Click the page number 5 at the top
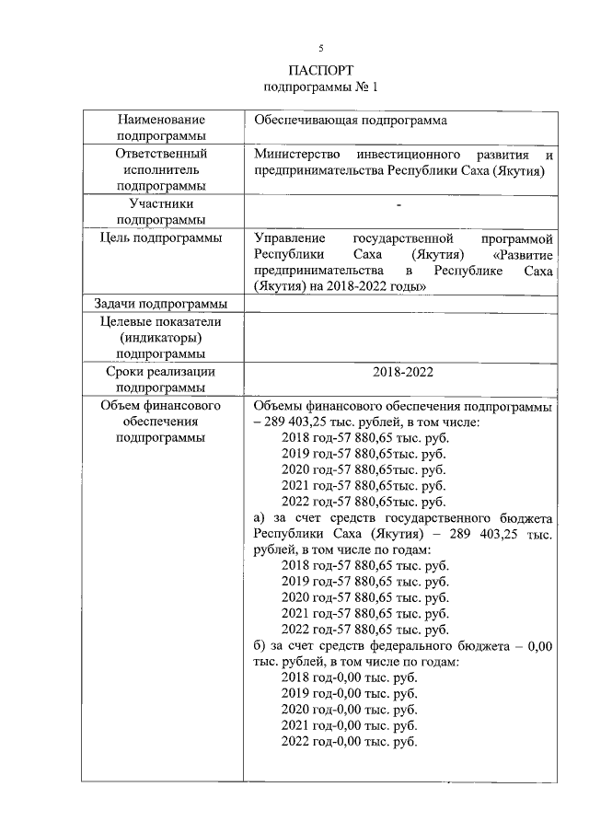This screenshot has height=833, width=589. click(320, 47)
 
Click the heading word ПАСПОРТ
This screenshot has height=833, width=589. click(320, 70)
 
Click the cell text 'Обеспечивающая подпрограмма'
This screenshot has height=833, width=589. click(351, 121)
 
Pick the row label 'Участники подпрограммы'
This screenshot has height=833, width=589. click(161, 212)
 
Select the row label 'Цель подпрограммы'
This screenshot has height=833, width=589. click(161, 238)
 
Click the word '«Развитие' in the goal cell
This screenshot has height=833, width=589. click(522, 255)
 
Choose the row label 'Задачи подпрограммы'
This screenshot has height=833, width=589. click(161, 305)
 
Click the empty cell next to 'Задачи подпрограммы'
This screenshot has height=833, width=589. click(399, 305)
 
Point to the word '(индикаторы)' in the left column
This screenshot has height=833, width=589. click(161, 338)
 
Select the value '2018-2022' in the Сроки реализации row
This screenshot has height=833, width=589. click(399, 372)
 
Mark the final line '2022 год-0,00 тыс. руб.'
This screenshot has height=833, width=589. click(349, 742)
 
